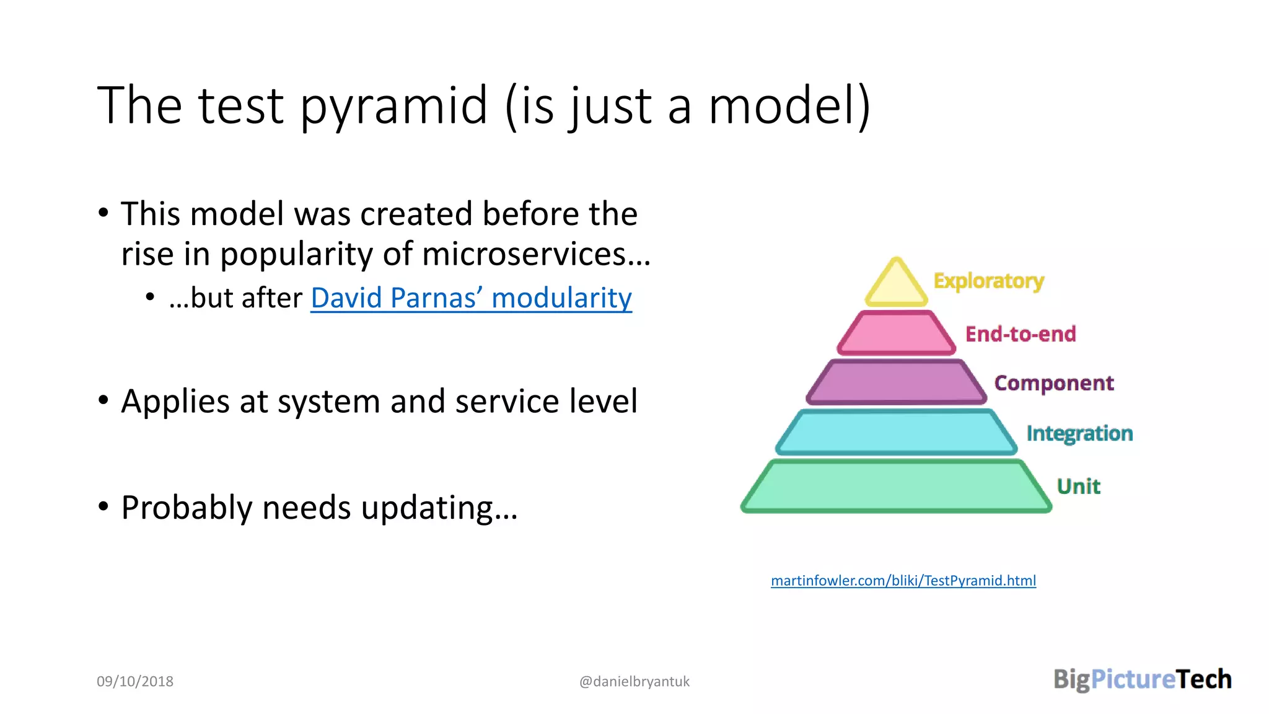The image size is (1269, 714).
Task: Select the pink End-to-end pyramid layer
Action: (896, 333)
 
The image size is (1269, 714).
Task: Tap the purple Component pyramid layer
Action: (896, 382)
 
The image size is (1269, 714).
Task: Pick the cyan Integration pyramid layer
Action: (896, 432)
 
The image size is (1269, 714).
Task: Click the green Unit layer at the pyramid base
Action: (896, 486)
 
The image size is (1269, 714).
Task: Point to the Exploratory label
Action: (988, 281)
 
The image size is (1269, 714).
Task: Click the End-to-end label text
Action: (1021, 334)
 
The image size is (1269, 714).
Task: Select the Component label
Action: (1053, 383)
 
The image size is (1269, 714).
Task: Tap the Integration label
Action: (1079, 433)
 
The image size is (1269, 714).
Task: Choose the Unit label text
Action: (1078, 486)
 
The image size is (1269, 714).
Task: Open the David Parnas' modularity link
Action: (471, 298)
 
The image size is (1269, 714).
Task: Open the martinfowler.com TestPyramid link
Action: (903, 581)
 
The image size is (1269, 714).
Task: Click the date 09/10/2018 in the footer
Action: (135, 681)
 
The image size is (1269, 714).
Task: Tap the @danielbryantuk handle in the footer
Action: (634, 681)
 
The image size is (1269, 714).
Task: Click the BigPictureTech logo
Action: (1142, 679)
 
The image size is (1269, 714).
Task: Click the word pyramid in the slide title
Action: (394, 107)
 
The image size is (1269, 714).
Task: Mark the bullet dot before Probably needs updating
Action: (103, 506)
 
